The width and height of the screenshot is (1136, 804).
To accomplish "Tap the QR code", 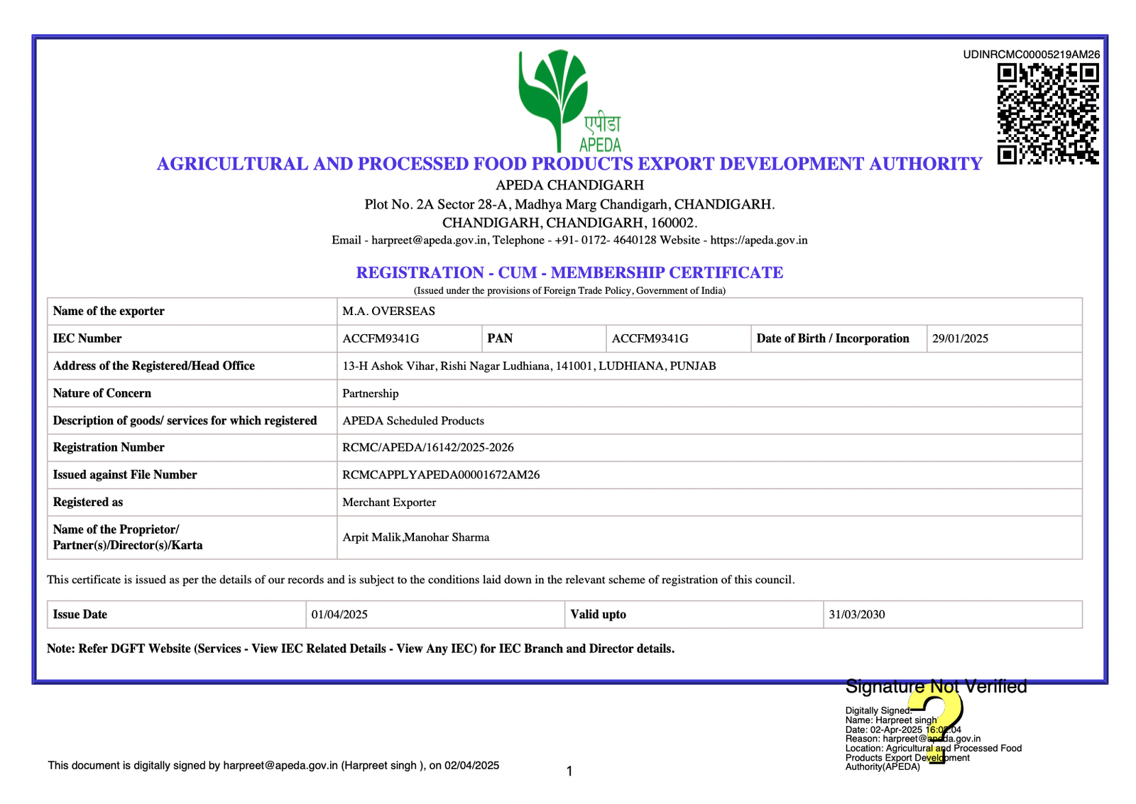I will (1048, 114).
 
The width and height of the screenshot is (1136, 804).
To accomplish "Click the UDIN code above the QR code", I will (1031, 55).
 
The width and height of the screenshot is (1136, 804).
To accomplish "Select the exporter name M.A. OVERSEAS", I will (388, 312).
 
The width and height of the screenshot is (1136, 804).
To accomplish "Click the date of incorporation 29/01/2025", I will (960, 338).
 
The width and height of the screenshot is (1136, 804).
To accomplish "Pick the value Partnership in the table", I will (371, 393).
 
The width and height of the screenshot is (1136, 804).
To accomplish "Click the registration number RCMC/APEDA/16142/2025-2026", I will (428, 448).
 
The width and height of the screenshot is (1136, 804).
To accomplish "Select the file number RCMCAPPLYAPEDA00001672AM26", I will (441, 475).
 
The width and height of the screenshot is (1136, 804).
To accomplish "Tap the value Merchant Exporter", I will (389, 502).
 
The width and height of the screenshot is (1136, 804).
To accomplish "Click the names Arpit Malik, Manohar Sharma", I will (416, 537).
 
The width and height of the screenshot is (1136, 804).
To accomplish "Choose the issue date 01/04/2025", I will (339, 615).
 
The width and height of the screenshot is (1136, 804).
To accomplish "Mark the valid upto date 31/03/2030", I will (857, 615).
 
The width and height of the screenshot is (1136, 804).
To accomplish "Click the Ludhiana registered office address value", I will (529, 366).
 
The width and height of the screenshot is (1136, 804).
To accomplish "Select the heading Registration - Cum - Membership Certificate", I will (569, 272).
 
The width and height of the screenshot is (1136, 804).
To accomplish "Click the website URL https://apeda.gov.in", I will (759, 241).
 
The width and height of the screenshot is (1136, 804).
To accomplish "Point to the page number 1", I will (569, 771).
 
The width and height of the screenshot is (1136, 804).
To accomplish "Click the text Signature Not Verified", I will (936, 687).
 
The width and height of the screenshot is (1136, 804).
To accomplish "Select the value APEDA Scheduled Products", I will (413, 421).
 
